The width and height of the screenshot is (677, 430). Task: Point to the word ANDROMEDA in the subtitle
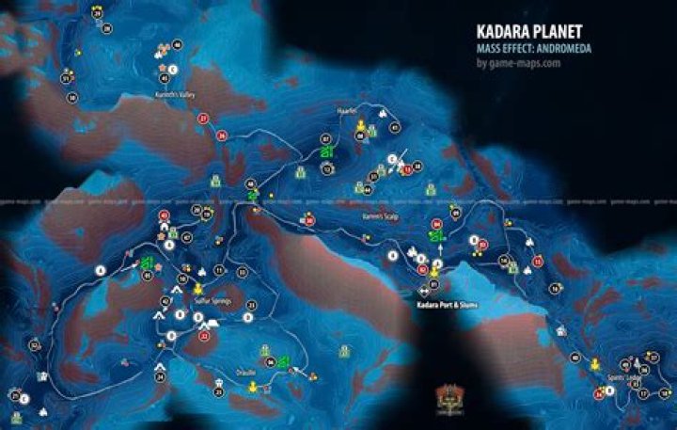point(562,50)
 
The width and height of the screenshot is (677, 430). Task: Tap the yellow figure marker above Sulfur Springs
point(199,287)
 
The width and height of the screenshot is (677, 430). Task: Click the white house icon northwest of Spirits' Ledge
point(560,330)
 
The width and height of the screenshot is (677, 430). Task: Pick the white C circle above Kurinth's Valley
point(174,68)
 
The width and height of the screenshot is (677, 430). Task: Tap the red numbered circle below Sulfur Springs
point(203,334)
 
